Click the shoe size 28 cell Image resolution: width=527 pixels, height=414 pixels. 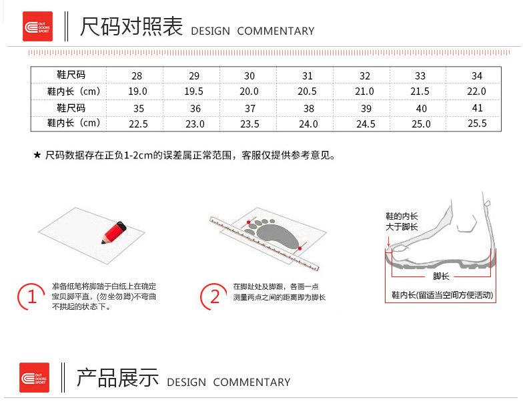pyautogui.click(x=137, y=75)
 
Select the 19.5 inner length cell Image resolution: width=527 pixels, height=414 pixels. pyautogui.click(x=194, y=91)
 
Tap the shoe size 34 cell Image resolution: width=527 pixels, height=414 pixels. pyautogui.click(x=476, y=75)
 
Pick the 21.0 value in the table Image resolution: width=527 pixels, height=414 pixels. pyautogui.click(x=364, y=91)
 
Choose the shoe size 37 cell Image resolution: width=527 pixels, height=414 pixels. pyautogui.click(x=251, y=108)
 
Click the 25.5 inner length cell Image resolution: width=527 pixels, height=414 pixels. pyautogui.click(x=477, y=124)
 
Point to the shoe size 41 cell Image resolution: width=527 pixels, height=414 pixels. pyautogui.click(x=477, y=108)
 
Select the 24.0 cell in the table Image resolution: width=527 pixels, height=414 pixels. pyautogui.click(x=308, y=124)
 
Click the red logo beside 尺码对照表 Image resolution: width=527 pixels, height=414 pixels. pyautogui.click(x=37, y=27)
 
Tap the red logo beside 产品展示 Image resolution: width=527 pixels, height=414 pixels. pyautogui.click(x=34, y=377)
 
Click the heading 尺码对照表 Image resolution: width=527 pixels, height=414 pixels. pyautogui.click(x=131, y=27)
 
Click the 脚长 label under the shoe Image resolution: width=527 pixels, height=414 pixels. pyautogui.click(x=441, y=276)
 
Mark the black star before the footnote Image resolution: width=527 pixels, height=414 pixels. pyautogui.click(x=37, y=156)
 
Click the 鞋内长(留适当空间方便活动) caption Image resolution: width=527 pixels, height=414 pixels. pyautogui.click(x=442, y=294)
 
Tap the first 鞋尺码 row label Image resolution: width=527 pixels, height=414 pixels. pyautogui.click(x=71, y=75)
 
